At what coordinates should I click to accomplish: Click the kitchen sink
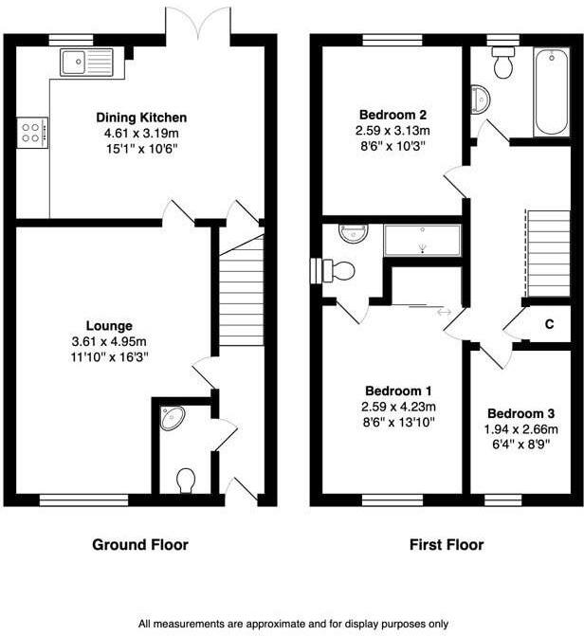pos(85,63)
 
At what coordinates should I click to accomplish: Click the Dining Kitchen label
pos(141,117)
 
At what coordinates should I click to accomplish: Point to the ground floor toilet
pos(187,480)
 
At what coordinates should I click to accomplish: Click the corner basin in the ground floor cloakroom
pos(172,418)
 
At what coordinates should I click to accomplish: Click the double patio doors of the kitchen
pos(197,22)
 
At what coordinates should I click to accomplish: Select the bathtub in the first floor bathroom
pos(551,95)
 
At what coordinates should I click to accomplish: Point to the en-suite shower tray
pos(422,241)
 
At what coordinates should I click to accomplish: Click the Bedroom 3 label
pos(520,414)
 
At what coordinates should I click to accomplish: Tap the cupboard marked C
pos(549,324)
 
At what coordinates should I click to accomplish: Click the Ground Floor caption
pos(139,545)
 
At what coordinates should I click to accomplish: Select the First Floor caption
pos(446,545)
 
